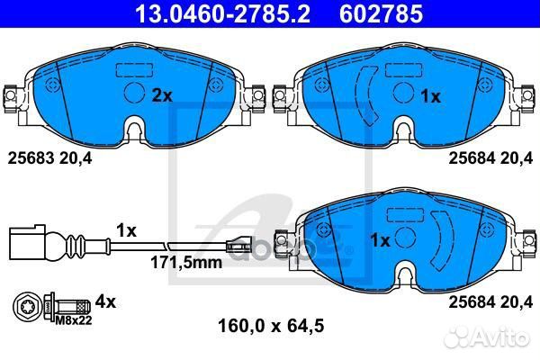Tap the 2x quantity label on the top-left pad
coord(161,94)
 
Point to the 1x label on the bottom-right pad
coord(381,240)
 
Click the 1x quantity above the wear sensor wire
coord(126,230)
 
